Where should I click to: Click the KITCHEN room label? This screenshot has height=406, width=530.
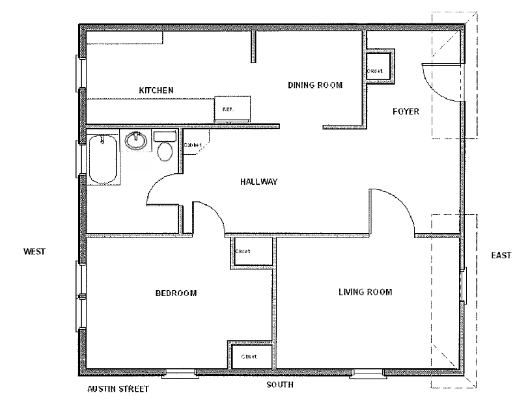[x=156, y=90]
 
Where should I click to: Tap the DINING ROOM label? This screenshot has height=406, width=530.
[x=315, y=85]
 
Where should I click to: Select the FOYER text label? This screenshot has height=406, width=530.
[x=406, y=111]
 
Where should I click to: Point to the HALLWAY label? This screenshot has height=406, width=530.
[x=259, y=182]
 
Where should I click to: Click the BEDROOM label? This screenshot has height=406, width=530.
[x=176, y=293]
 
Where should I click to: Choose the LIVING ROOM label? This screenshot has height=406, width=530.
[x=365, y=292]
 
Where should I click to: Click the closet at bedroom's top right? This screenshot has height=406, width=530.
[x=250, y=251]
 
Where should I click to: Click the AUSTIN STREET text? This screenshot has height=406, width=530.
[x=118, y=390]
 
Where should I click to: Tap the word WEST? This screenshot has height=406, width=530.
[x=34, y=251]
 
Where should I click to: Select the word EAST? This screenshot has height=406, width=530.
[x=501, y=255]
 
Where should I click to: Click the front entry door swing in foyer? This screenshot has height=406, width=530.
[x=443, y=81]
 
